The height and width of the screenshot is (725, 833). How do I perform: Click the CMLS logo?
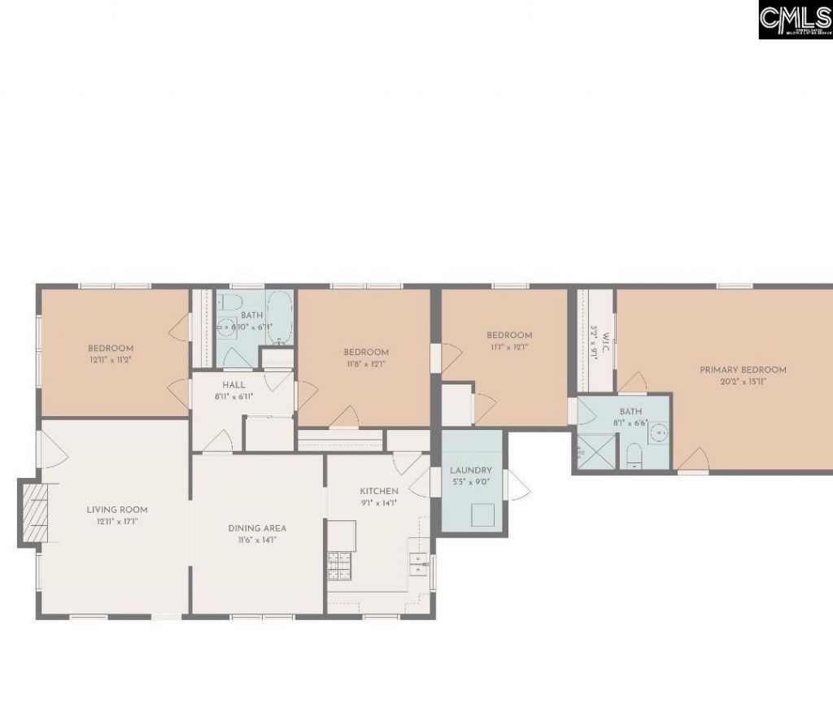795,20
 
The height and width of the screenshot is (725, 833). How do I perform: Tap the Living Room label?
117,510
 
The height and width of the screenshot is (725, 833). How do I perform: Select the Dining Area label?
257,527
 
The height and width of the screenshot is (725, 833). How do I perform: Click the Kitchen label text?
379,491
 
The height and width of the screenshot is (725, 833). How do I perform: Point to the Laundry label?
471,470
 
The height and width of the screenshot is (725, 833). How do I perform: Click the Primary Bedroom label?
743,370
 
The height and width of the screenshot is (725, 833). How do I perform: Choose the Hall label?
233,384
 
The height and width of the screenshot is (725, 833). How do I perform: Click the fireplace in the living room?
33,512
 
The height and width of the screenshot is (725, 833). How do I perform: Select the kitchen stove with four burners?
338,565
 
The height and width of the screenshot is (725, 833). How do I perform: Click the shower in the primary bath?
595,451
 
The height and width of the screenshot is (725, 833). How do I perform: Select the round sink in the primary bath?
660,432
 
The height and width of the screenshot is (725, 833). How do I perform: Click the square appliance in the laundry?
484,514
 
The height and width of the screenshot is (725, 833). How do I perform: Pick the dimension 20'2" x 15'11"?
743,381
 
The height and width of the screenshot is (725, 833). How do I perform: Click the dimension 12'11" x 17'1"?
117,521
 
